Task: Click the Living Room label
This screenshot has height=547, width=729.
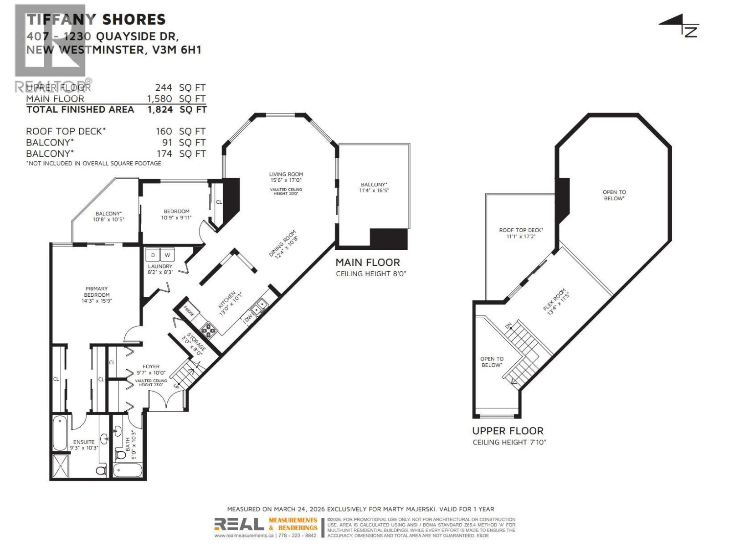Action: pyautogui.click(x=286, y=174)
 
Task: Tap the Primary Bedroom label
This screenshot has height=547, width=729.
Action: pyautogui.click(x=97, y=291)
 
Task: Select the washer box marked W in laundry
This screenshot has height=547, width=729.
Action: pyautogui.click(x=167, y=255)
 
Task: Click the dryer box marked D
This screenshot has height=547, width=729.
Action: pyautogui.click(x=153, y=255)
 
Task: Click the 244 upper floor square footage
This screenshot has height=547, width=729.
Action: pyautogui.click(x=164, y=88)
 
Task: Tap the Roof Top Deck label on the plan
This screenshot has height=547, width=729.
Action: pyautogui.click(x=521, y=230)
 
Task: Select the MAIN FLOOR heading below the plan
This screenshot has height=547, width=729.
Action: pyautogui.click(x=367, y=263)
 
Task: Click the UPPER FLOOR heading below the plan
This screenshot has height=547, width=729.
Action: pyautogui.click(x=508, y=431)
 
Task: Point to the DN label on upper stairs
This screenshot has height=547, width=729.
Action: pyautogui.click(x=508, y=326)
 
